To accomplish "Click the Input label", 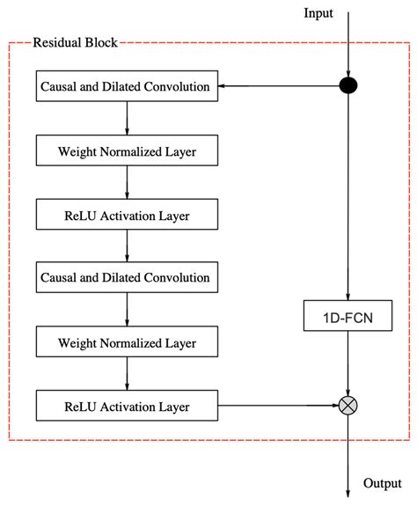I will click(318, 12).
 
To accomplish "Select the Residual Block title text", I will click(75, 41).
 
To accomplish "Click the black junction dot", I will click(350, 86).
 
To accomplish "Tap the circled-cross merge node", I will click(350, 406).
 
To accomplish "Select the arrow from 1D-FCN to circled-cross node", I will click(350, 363).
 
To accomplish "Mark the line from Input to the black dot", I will click(350, 44).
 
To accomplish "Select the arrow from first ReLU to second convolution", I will click(127, 246).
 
